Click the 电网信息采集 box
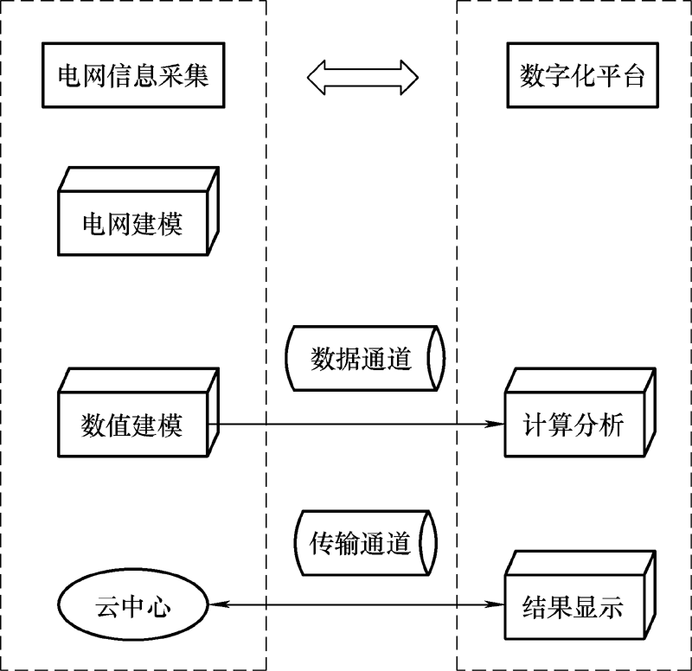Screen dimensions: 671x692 133,77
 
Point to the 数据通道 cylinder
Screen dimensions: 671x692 363,359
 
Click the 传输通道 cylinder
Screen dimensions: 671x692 363,543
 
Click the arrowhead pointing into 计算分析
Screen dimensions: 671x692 495,425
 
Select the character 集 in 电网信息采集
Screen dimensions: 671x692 196,77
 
